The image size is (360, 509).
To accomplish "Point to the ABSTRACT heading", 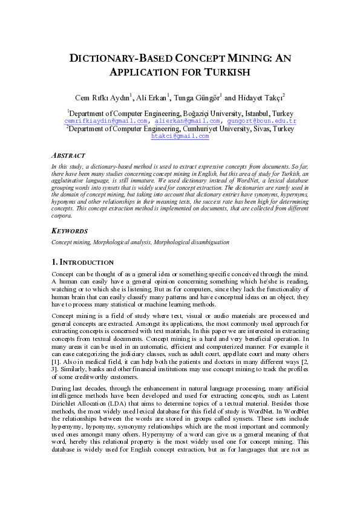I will pyautogui.click(x=68, y=155).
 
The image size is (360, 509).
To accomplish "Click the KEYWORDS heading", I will pyautogui.click(x=70, y=231).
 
